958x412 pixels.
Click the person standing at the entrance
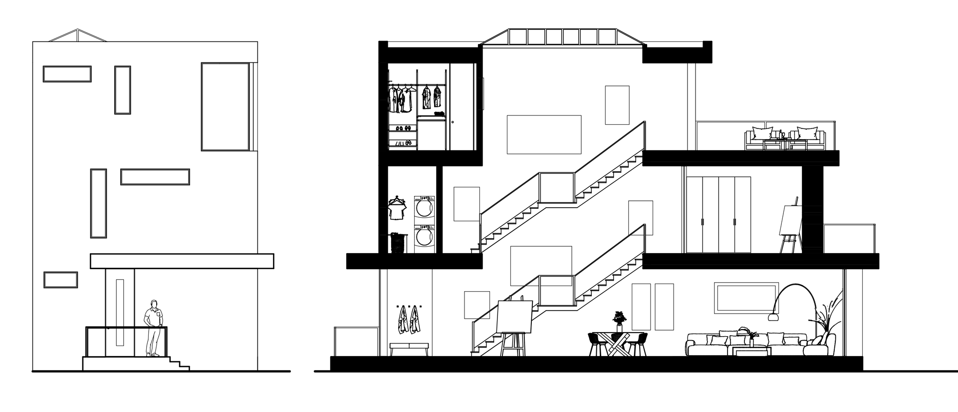coord(154,327)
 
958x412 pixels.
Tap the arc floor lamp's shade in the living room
coord(773,315)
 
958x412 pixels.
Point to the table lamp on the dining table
coord(620,319)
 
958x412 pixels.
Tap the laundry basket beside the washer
coord(397,243)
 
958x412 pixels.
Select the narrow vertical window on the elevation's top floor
coord(122,90)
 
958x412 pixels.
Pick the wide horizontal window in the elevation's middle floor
coord(155,177)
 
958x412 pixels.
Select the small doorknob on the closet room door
coord(452,122)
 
